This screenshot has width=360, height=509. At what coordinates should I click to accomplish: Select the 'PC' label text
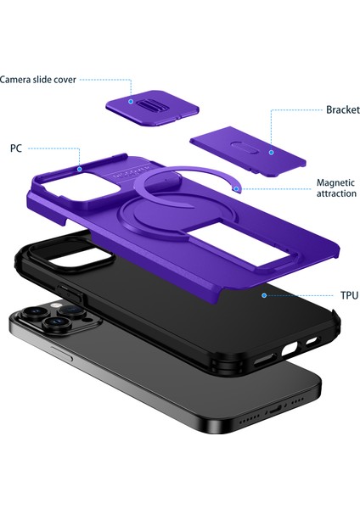[16, 148]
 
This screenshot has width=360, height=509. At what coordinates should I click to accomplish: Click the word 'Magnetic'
[335, 182]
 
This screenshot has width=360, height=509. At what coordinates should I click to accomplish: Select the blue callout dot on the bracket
[271, 153]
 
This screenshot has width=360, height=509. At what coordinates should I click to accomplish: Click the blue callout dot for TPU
[264, 295]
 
